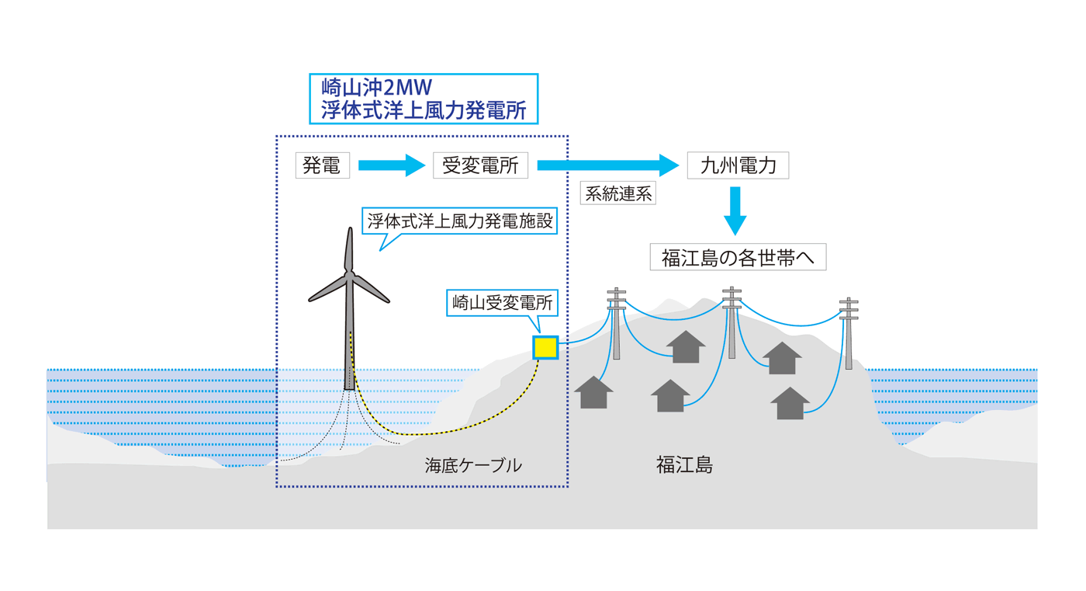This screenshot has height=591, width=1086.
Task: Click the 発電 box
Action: coord(322,165)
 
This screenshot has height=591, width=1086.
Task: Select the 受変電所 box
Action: coord(480,165)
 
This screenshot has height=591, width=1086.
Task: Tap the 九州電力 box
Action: coord(738,165)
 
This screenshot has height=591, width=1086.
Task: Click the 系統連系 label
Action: coord(618,193)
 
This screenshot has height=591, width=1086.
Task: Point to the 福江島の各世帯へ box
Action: coord(738,257)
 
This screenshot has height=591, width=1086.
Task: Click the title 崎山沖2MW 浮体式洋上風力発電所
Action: coord(424,99)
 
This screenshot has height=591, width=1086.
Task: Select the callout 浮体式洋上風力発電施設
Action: coord(460,221)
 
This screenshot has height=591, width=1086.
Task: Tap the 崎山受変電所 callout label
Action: coord(502,302)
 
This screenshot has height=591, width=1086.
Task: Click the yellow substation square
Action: coord(545,347)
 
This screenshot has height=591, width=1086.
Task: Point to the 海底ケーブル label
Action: coord(473,466)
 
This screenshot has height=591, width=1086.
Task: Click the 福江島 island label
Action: coord(684,465)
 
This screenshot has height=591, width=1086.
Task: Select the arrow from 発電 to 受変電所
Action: coord(392,165)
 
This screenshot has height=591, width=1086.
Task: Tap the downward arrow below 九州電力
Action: coord(735,210)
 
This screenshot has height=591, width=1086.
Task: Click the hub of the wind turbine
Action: coord(350,275)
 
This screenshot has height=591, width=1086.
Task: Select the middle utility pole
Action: coord(731,323)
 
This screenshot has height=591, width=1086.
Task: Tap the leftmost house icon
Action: coord(593,393)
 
